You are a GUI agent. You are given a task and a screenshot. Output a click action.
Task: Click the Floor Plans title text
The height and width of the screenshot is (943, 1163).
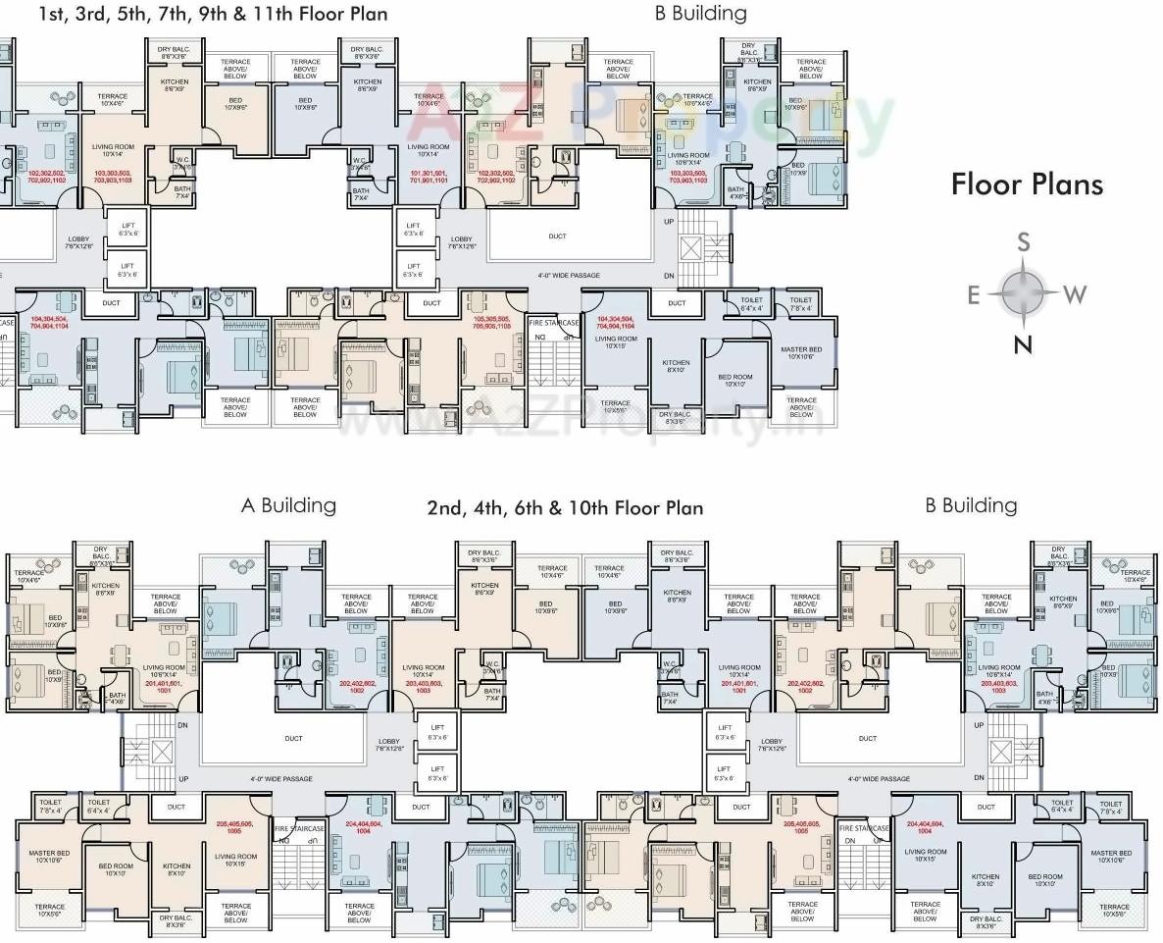pyautogui.click(x=1027, y=184)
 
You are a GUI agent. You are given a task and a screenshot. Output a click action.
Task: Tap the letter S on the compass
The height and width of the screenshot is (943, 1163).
pyautogui.click(x=1024, y=242)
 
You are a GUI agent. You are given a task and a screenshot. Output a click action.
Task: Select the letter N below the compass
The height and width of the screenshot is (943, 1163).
pyautogui.click(x=1024, y=343)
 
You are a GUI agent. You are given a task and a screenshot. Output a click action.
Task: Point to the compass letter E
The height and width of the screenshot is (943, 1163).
pyautogui.click(x=974, y=294)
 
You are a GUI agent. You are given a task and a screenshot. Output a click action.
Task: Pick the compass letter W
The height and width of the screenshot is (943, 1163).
pyautogui.click(x=1076, y=293)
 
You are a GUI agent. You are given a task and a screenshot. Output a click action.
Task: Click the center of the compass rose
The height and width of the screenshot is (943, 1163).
pyautogui.click(x=1024, y=292)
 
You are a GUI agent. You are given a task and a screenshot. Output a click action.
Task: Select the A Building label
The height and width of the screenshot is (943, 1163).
pyautogui.click(x=288, y=505)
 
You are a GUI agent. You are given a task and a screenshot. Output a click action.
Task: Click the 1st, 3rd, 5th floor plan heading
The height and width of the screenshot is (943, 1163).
pyautogui.click(x=213, y=14)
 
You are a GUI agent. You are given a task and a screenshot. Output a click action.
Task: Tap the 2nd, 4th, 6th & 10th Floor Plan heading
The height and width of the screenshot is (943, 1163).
pyautogui.click(x=565, y=507)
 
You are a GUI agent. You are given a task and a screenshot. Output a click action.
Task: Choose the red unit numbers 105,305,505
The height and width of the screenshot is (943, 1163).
pyautogui.click(x=492, y=323)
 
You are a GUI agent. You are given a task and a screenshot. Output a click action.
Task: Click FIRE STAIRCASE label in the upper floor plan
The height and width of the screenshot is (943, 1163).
pyautogui.click(x=554, y=323)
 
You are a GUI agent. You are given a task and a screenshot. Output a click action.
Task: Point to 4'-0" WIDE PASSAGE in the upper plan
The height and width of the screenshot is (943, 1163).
pyautogui.click(x=569, y=276)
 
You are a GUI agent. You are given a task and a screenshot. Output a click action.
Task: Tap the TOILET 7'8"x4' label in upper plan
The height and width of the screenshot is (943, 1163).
pyautogui.click(x=801, y=304)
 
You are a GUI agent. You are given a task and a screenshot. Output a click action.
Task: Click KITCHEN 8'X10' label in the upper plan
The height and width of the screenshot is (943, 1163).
pyautogui.click(x=676, y=366)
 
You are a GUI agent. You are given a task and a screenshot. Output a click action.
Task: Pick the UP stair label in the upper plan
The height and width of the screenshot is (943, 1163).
pyautogui.click(x=670, y=222)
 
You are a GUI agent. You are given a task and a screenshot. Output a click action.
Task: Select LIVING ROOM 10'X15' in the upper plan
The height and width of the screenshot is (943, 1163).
pyautogui.click(x=616, y=341)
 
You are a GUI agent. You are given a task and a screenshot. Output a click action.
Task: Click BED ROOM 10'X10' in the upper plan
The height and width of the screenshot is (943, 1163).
pyautogui.click(x=735, y=381)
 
